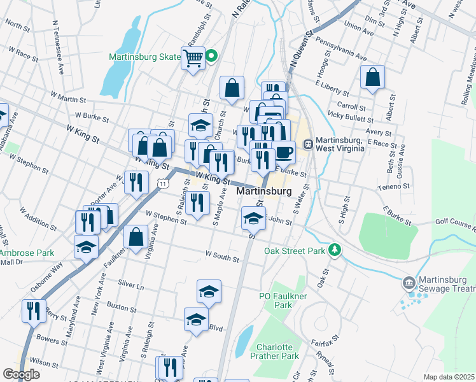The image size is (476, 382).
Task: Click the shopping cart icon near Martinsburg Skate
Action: (193, 58)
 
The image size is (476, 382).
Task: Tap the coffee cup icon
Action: (284, 152)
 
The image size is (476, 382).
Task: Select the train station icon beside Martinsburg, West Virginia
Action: (308, 144)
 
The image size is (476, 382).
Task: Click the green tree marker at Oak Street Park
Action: (333, 250)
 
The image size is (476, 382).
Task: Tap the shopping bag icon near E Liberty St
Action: (372, 77)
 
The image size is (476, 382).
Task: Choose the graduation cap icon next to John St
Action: (253, 218)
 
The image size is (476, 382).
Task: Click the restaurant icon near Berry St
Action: (33, 311)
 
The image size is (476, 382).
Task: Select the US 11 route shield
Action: (163, 183)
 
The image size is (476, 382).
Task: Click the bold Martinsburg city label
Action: (264, 191)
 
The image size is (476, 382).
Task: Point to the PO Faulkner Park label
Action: (275, 301)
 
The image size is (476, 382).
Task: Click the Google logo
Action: (21, 374)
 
